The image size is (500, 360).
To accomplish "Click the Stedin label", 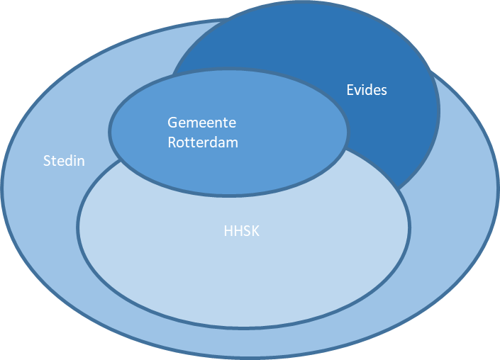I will (x=64, y=161).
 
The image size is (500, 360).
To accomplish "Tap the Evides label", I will (x=367, y=90).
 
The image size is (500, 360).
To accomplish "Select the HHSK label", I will (x=241, y=230).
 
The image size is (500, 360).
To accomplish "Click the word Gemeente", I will (x=202, y=122).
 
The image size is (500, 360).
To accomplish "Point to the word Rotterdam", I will (x=203, y=142).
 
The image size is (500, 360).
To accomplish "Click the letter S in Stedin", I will (x=47, y=161).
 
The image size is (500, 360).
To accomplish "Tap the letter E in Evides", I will (x=350, y=90).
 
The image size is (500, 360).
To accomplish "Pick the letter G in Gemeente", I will (x=172, y=122).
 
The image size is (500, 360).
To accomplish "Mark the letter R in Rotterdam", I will (x=172, y=142).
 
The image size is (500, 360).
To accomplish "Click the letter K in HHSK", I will (x=255, y=230).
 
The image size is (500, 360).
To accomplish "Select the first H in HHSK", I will (x=228, y=230).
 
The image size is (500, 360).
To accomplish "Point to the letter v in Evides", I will (x=357, y=91).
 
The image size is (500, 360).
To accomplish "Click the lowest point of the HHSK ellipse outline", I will (x=243, y=327).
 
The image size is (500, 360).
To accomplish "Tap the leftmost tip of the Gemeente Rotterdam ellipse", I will (x=110, y=132).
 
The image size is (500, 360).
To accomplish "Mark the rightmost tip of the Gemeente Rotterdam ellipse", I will (x=348, y=132).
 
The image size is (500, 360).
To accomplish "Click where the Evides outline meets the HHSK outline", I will (x=400, y=190).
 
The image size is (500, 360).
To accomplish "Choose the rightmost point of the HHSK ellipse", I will (x=409, y=225).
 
